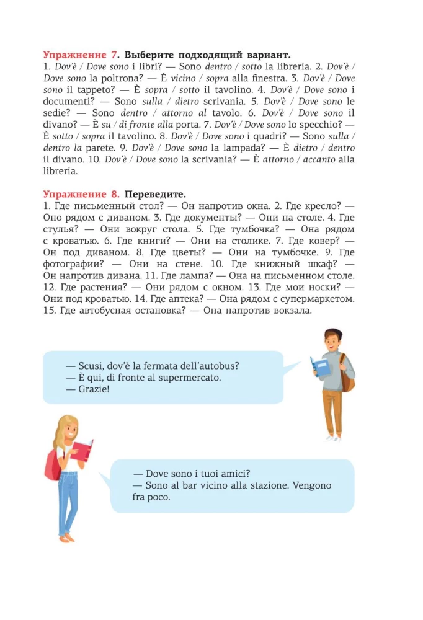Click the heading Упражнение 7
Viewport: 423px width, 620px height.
coord(80,55)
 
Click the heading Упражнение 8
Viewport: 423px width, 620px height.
coord(80,194)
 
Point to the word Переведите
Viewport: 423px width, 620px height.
coord(155,194)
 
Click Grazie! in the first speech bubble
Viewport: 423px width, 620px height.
coord(91,389)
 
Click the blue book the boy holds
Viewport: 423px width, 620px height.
coord(321,365)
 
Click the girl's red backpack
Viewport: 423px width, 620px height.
coord(51,466)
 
